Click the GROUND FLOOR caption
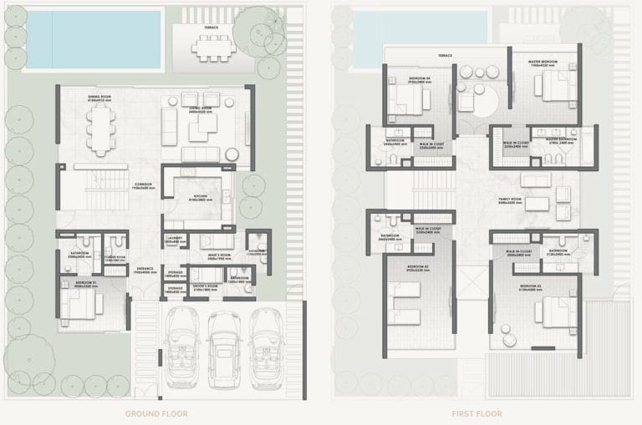click(156, 413)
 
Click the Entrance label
click(145, 270)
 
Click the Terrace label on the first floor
click(445, 55)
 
